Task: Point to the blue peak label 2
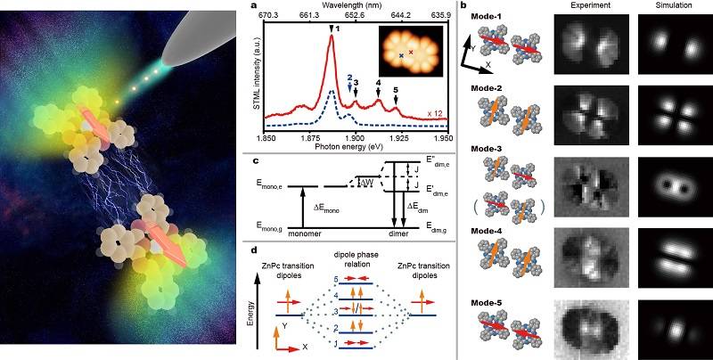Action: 350,78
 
